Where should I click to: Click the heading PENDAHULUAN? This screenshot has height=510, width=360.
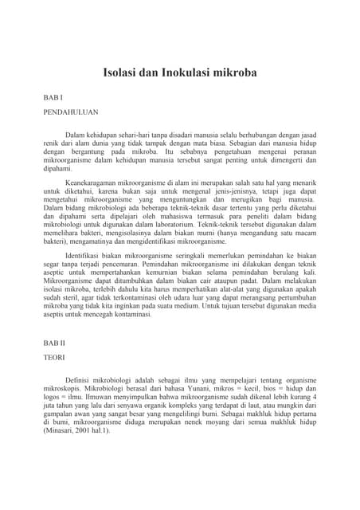click(x=71, y=112)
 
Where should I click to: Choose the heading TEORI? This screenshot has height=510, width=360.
click(x=54, y=358)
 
